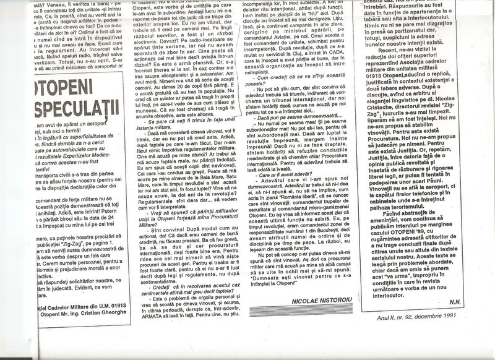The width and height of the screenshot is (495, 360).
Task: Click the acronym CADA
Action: coord(334,70)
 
